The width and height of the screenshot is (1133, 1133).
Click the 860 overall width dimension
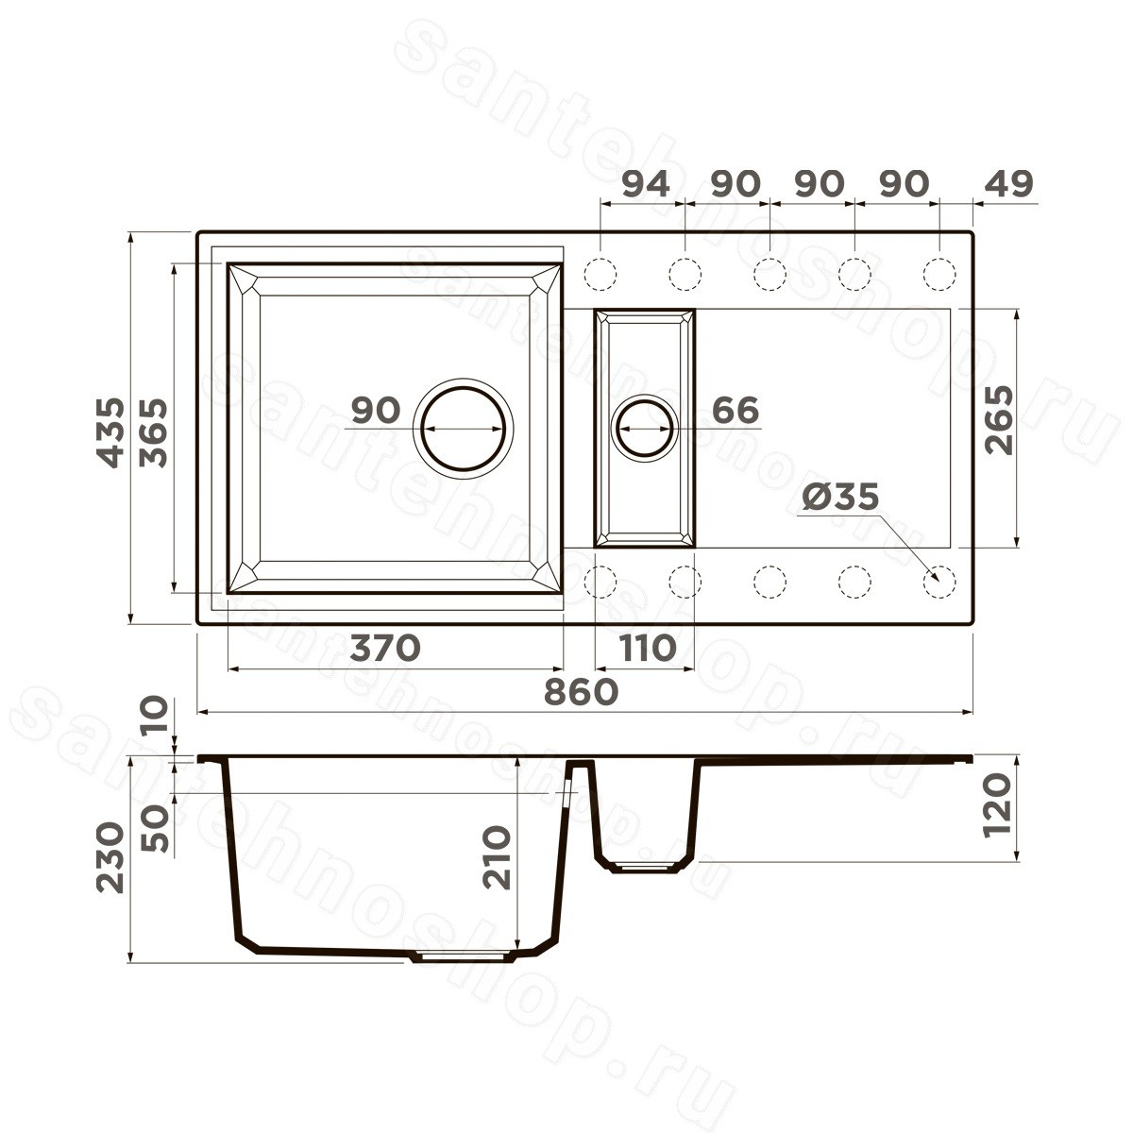point(581,692)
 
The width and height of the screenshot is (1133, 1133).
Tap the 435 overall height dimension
point(111,432)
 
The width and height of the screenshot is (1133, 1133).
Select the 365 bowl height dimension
point(154,432)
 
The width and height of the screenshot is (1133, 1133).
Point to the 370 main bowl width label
point(385,648)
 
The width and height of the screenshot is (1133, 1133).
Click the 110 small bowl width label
point(645,648)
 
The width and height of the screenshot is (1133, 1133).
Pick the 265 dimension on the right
point(999,419)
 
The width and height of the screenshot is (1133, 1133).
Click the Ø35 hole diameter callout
point(841,497)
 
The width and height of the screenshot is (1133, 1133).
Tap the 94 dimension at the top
point(646,184)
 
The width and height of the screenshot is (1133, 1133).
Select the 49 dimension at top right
point(1009,184)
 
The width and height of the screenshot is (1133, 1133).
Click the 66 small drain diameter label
point(735,409)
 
